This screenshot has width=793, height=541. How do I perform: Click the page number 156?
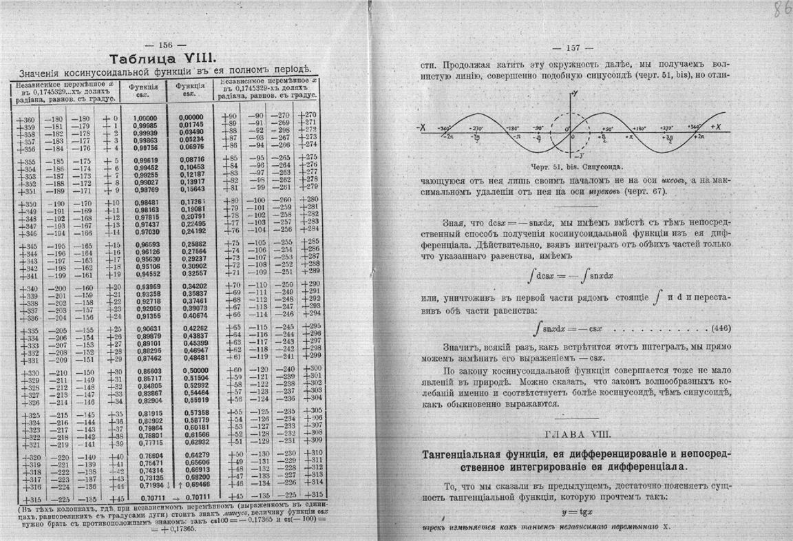tap(167, 45)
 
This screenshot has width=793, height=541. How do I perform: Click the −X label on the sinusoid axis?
tap(421, 127)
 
